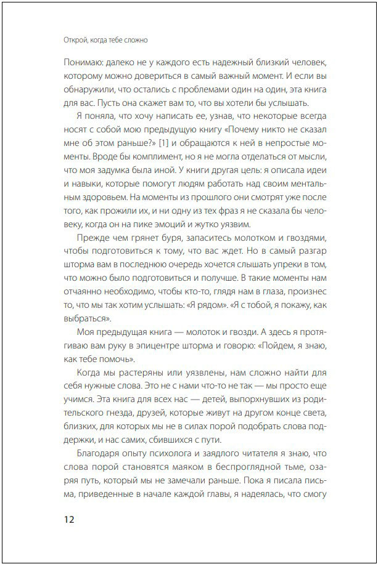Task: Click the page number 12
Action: [68, 520]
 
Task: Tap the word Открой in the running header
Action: [77, 41]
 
